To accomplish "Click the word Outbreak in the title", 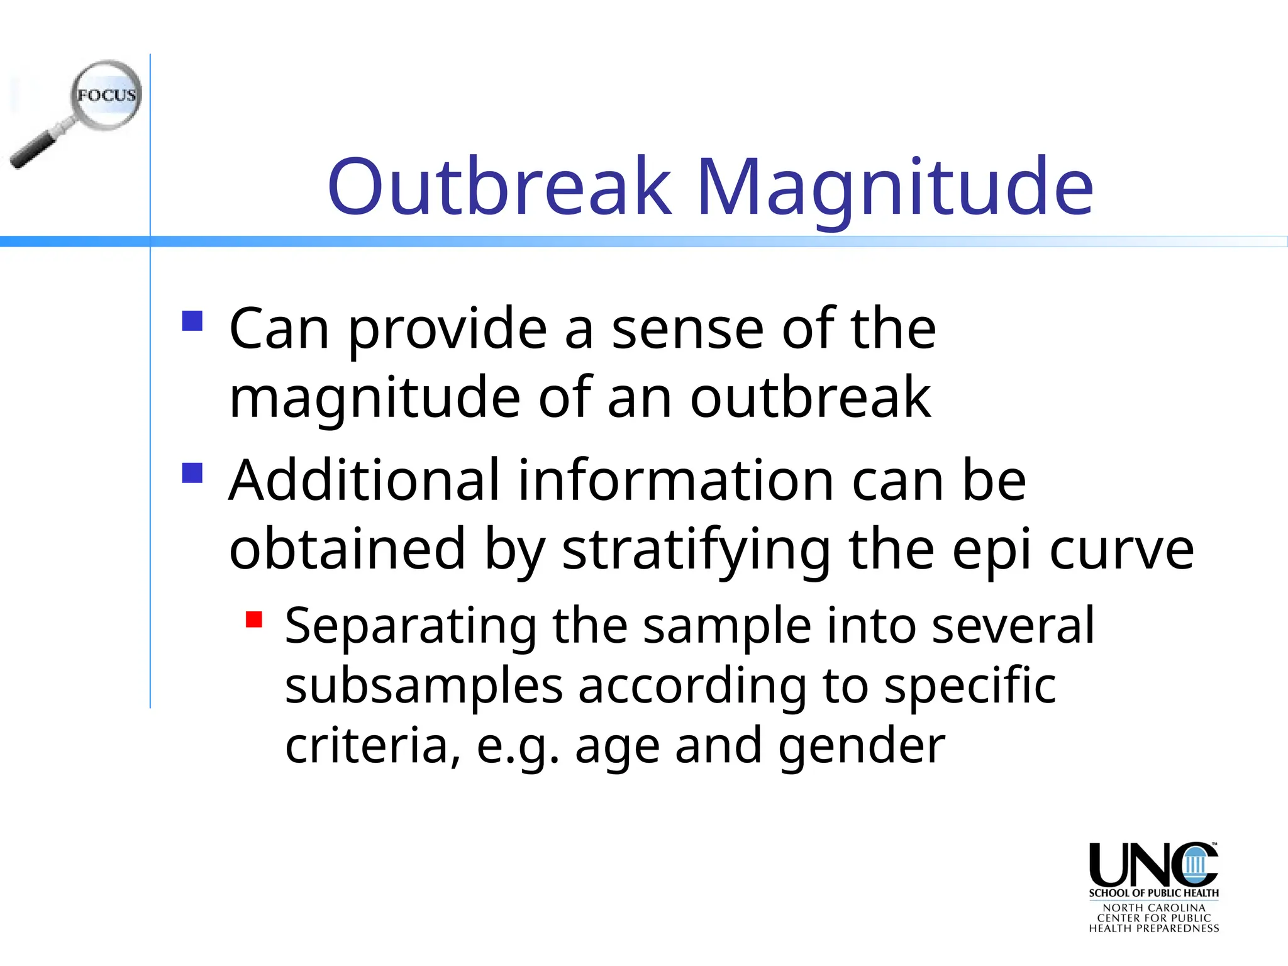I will coord(500,187).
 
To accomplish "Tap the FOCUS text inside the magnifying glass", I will coord(106,96).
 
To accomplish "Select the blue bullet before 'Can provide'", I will coord(192,321).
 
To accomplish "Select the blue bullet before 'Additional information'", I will coord(192,472).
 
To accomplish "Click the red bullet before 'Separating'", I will coord(254,619).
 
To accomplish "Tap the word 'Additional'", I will coord(364,480).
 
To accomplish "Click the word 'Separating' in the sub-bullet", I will coord(410,626).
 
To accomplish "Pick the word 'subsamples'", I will coord(424,687).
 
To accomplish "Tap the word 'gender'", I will coord(861,747).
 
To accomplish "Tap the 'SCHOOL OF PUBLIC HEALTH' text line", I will coord(1153,893).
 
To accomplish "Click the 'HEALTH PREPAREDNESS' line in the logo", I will coord(1153,928).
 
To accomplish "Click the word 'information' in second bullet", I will coord(676,480).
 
